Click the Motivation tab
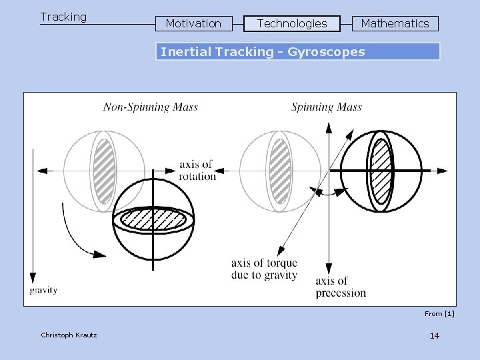point(193,24)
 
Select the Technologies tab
point(292,24)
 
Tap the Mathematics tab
point(395,24)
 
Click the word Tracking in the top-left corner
point(63,17)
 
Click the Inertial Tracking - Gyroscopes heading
point(263,52)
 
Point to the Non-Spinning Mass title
point(151,107)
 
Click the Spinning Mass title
point(327,107)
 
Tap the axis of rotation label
point(197,171)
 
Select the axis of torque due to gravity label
point(265,269)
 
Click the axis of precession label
point(341,287)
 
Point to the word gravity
point(43,290)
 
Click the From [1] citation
point(439,313)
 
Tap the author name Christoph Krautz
point(69,335)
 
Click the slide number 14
point(435,335)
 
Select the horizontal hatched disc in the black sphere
point(153,219)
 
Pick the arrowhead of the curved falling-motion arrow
point(99,253)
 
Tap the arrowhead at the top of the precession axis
point(329,127)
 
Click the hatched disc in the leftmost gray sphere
point(103,171)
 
